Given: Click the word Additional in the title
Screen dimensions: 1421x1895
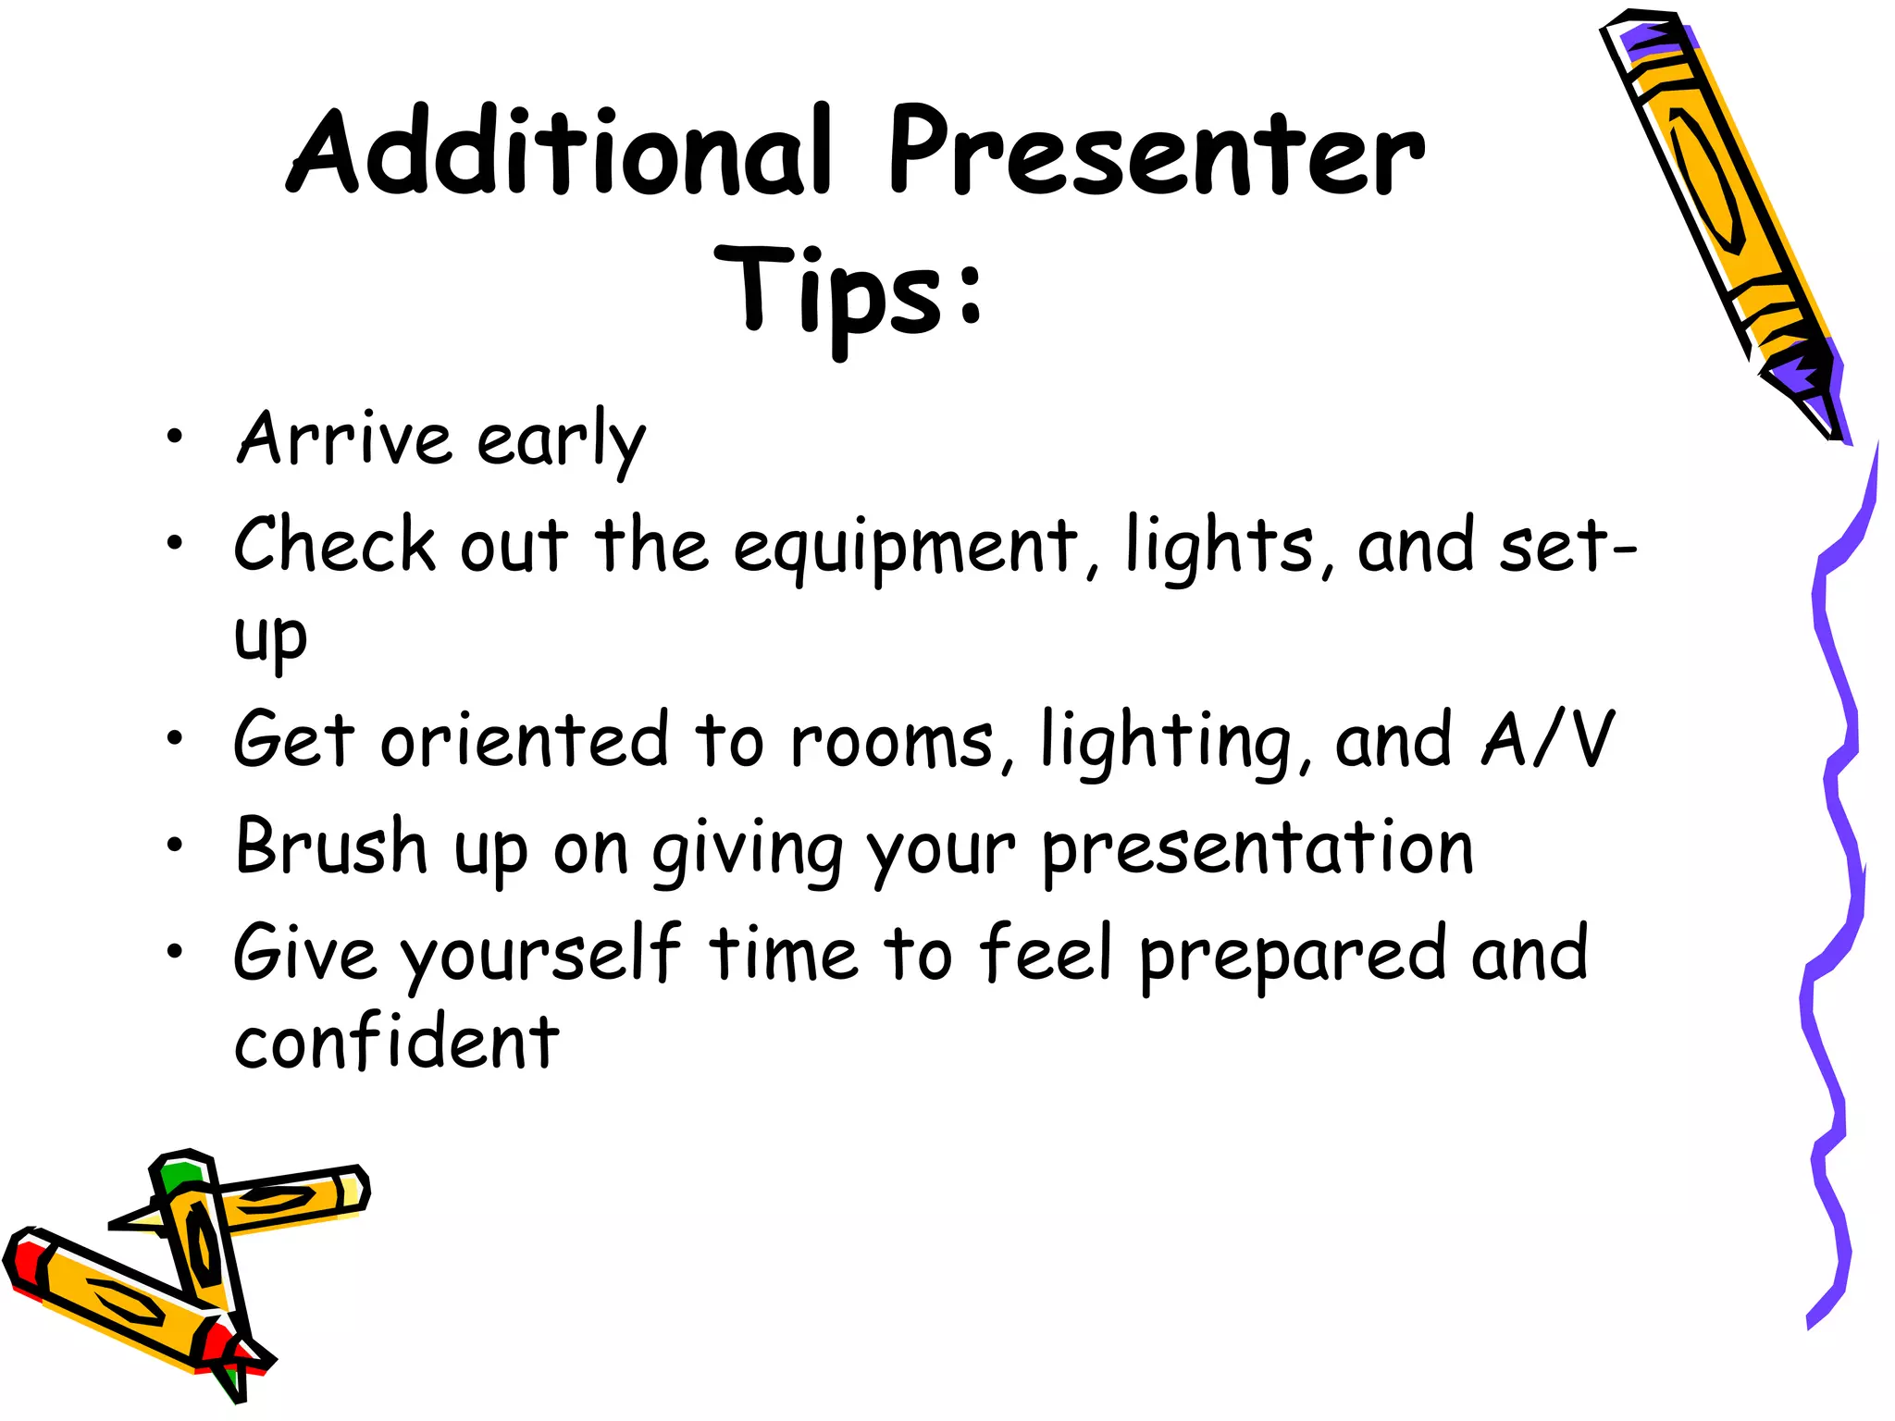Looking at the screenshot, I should point(560,153).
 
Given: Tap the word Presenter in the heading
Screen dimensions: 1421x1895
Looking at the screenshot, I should point(1157,153).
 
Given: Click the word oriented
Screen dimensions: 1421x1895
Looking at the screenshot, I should point(524,740).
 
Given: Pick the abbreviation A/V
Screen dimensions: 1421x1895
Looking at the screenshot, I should point(1547,740).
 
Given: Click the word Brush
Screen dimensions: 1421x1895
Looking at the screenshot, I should point(331,846).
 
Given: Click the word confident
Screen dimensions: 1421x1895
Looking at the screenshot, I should point(396,1044).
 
